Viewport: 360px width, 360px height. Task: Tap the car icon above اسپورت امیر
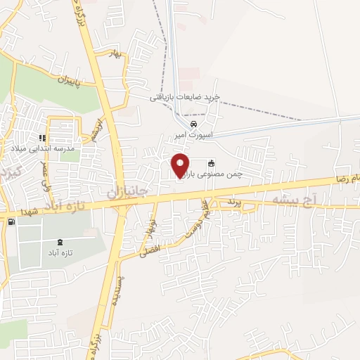tap(184, 127)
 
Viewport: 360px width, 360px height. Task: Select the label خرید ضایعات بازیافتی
tap(185, 98)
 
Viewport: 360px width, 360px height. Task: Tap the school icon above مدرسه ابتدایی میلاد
tap(42, 138)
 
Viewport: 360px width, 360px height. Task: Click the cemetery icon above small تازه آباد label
tap(58, 242)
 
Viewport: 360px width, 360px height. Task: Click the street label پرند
tap(233, 202)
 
